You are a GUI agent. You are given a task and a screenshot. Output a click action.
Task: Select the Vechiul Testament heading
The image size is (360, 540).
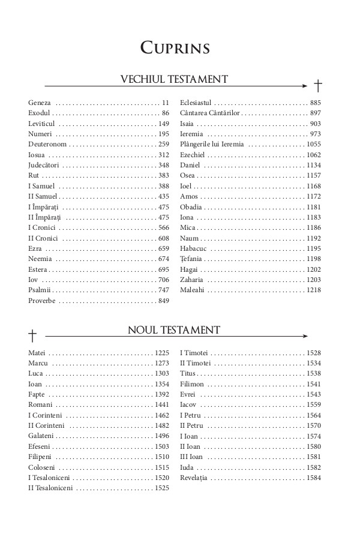click(x=175, y=79)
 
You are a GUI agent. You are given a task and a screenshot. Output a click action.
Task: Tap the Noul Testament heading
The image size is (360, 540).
click(x=174, y=329)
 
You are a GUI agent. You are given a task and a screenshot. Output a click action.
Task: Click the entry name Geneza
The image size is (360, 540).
click(x=40, y=103)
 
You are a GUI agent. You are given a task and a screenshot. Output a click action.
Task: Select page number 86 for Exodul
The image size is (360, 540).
click(x=166, y=113)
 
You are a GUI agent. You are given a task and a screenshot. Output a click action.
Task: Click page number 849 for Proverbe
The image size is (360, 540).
click(x=163, y=301)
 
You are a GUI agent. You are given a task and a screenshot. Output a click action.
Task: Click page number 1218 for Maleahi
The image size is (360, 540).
click(x=313, y=290)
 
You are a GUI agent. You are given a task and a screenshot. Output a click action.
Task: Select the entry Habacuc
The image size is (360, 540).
click(x=194, y=248)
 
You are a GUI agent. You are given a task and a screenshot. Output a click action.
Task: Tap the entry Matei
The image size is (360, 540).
click(x=37, y=353)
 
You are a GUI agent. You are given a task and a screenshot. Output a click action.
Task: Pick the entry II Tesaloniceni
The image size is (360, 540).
click(x=50, y=488)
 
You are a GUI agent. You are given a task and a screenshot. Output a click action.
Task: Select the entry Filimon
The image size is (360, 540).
click(x=192, y=384)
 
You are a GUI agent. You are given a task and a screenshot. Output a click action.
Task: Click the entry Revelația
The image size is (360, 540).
click(x=194, y=478)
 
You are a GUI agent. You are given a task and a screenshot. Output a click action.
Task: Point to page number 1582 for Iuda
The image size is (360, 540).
click(x=313, y=467)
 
